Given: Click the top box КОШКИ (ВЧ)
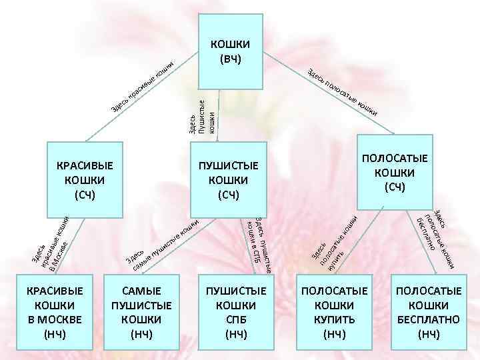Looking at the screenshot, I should [230, 51].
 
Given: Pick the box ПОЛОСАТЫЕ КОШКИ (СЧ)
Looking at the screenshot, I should [395, 172].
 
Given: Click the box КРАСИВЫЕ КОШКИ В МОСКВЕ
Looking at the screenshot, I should [54, 311].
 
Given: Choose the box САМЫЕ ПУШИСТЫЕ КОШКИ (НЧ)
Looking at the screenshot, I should [142, 311].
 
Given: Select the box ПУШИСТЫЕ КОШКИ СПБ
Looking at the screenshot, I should [236, 311].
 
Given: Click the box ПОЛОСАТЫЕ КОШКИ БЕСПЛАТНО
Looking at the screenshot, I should [428, 311].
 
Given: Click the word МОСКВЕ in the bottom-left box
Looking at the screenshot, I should [54, 319].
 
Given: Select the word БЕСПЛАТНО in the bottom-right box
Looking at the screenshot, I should [428, 319].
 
